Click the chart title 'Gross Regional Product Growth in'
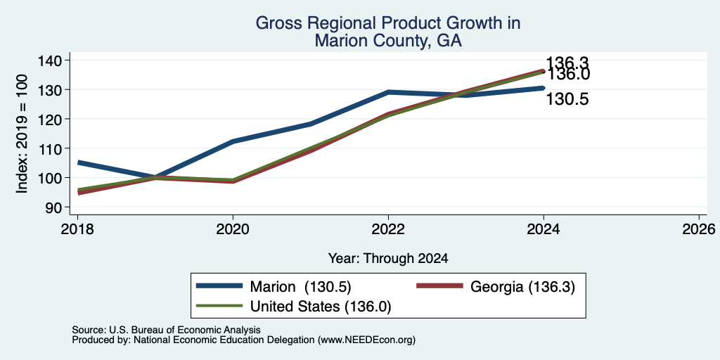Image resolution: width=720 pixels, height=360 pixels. (x=388, y=23)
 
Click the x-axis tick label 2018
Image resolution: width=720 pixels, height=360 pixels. (x=77, y=229)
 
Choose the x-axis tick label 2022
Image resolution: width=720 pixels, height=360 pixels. (x=388, y=229)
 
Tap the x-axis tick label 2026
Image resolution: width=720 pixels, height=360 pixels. (x=699, y=229)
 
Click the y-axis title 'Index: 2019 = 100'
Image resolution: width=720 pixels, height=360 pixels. (x=22, y=134)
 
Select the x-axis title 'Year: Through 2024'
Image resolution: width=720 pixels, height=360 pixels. (x=388, y=259)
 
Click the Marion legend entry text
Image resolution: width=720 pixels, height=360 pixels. (x=301, y=287)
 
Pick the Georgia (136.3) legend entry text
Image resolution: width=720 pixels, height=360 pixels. (x=522, y=287)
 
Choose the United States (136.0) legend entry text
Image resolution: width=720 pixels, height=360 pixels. (x=321, y=306)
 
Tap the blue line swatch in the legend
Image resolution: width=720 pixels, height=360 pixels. (x=219, y=286)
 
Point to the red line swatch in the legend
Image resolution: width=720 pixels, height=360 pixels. (x=439, y=286)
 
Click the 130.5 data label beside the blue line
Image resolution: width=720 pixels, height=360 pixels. (x=567, y=99)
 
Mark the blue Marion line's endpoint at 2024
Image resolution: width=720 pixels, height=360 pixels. (x=544, y=88)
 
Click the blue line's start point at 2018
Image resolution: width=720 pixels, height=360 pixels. (x=79, y=162)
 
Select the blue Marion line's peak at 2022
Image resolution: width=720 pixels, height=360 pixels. (x=388, y=92)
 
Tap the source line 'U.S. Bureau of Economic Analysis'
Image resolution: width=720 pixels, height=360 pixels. (x=185, y=330)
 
